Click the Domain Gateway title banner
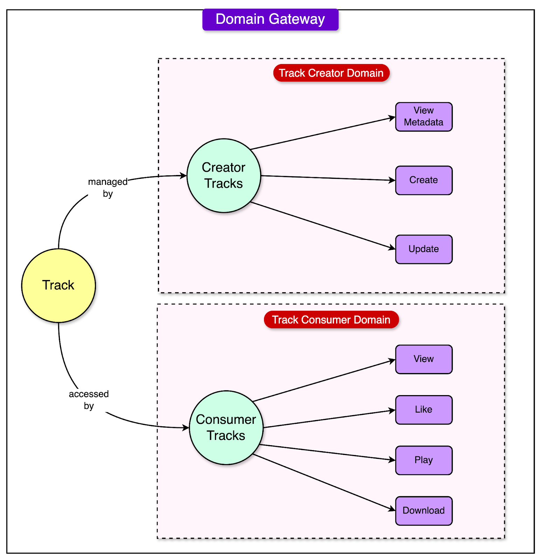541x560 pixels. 270,19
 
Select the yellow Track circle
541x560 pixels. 58,285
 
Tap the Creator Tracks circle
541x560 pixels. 224,175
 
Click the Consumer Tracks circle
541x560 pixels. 226,427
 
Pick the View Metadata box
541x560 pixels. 424,117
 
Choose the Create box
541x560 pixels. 424,180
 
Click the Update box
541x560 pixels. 424,249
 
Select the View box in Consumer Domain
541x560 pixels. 424,359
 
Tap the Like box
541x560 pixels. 424,409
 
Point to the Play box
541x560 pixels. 424,460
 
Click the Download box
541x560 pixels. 424,510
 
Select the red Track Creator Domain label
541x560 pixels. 331,73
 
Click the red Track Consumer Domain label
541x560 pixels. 331,320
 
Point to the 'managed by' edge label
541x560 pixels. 108,187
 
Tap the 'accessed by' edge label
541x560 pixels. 89,399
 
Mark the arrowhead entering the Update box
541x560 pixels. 392,248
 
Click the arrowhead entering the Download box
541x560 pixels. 392,509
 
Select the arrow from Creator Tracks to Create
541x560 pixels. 327,178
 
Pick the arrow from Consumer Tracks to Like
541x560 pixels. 329,419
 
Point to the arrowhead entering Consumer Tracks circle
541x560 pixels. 186,427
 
